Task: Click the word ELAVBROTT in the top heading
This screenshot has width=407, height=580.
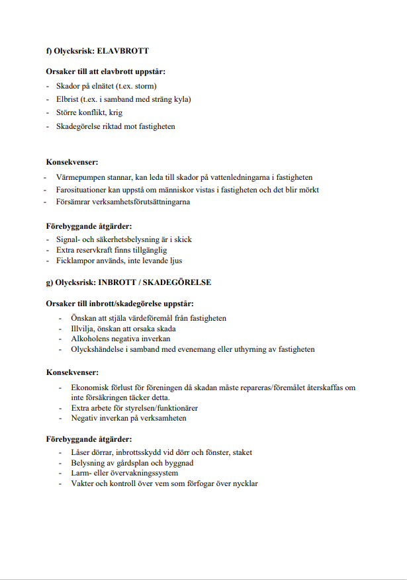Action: click(x=128, y=51)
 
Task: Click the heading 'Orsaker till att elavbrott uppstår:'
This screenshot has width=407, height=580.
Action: click(x=106, y=71)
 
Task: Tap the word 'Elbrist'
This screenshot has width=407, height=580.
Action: click(x=69, y=99)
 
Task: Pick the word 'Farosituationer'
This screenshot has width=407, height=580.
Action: click(x=83, y=190)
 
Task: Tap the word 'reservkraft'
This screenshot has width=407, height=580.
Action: click(x=95, y=251)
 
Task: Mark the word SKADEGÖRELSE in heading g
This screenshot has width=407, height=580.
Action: click(x=180, y=283)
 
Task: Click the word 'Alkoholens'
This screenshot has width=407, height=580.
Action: click(x=91, y=339)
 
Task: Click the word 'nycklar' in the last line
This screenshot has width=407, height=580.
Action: click(x=244, y=483)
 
